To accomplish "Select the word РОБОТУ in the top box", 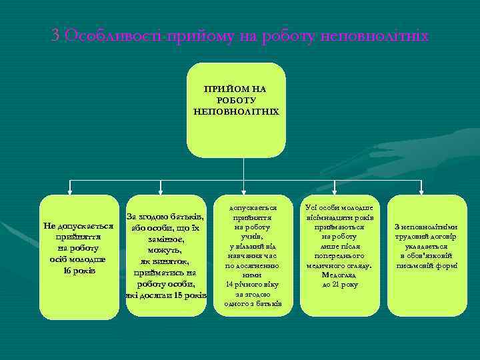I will pyautogui.click(x=237, y=99).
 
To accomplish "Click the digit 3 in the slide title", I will pyautogui.click(x=56, y=35).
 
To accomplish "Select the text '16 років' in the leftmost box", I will pyautogui.click(x=79, y=270).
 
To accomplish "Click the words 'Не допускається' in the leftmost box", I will pyautogui.click(x=79, y=226).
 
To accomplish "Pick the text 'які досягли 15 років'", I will pyautogui.click(x=166, y=295).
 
